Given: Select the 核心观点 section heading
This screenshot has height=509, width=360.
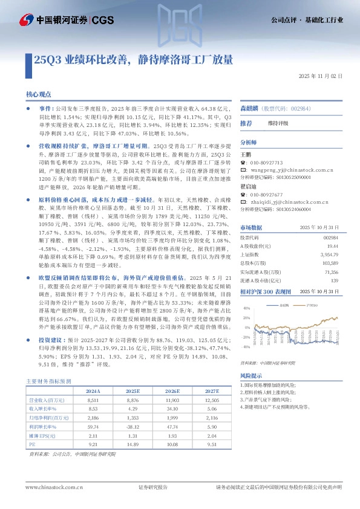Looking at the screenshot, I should tap(40, 94).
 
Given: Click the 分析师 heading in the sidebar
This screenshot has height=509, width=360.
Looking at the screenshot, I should tap(249, 143).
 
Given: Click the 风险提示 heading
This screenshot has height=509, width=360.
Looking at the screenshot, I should tap(252, 375).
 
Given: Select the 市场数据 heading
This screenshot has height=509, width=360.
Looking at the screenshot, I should tap(251, 227).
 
